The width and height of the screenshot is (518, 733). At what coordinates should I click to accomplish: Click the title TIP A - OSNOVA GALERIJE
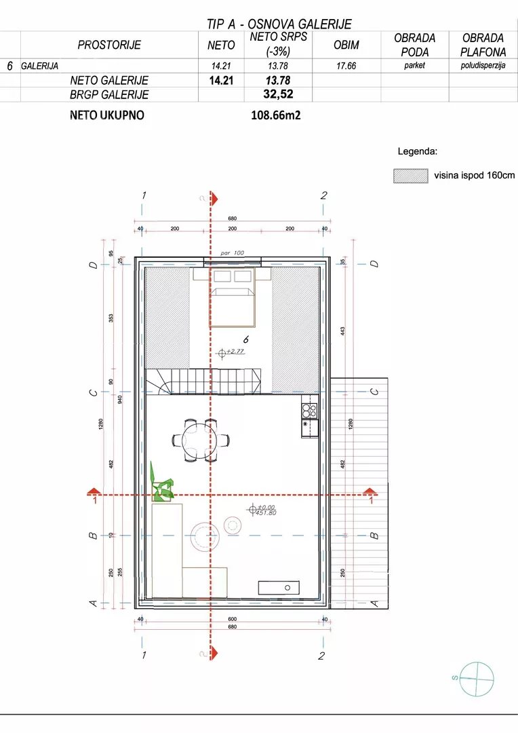coord(279,24)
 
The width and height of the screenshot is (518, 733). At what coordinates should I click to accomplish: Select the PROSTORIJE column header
coord(109,45)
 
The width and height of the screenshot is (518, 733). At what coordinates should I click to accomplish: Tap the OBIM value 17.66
coord(346,66)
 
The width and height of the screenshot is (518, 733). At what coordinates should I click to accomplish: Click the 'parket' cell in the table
coord(415,65)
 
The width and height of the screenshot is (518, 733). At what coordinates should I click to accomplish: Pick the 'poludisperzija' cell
coord(483,65)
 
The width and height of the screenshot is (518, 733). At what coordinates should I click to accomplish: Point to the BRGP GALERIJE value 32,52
coord(278,94)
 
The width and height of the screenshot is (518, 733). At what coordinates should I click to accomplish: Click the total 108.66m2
coord(275,115)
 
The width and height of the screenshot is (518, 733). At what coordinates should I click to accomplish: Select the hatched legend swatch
coord(411,176)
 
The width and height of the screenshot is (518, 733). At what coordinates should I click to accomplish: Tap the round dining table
coord(201,440)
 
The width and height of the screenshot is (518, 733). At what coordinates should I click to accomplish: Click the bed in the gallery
coord(232,298)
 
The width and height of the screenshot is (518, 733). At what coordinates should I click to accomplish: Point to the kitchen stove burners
coord(309,411)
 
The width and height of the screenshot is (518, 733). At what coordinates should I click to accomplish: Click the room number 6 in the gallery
coord(245,340)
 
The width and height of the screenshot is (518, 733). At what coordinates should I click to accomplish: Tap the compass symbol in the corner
coord(477,679)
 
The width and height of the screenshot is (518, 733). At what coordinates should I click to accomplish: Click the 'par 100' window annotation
coord(232,253)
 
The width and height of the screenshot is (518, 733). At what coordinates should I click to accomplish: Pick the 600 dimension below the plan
coord(232,619)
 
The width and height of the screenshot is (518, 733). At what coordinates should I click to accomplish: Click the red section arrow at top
coord(214,199)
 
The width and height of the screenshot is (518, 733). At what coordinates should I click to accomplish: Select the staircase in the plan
coord(203,381)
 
